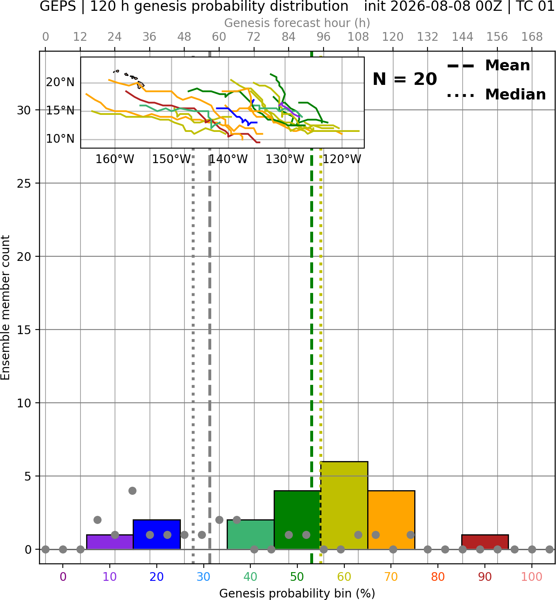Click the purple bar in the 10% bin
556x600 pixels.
click(x=110, y=542)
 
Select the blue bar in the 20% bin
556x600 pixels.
click(x=157, y=534)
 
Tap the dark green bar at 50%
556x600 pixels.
click(x=297, y=520)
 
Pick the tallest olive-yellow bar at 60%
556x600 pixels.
click(x=344, y=506)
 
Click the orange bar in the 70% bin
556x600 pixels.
click(x=391, y=520)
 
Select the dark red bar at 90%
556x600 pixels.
click(x=485, y=542)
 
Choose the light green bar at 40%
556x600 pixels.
click(x=250, y=534)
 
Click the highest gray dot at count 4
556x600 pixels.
click(x=132, y=491)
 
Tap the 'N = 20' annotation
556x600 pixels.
click(x=405, y=79)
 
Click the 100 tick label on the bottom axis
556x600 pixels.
click(x=532, y=577)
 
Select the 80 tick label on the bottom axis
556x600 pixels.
click(x=438, y=577)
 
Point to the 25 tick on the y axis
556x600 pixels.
click(x=24, y=183)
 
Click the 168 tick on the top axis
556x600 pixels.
click(x=532, y=37)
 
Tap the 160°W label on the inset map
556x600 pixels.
click(x=115, y=159)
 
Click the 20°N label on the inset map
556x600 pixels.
click(x=60, y=82)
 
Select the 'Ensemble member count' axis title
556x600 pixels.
click(x=5, y=307)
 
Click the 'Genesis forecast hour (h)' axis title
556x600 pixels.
click(x=297, y=23)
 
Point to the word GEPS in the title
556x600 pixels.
click(x=58, y=6)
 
